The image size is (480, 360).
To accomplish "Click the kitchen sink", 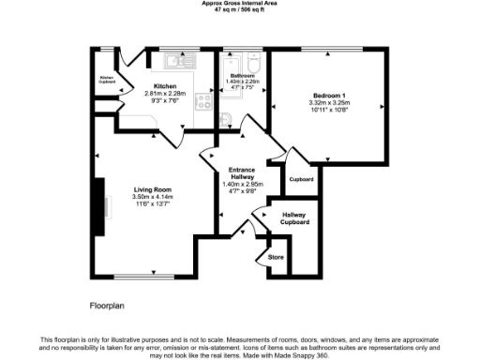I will (175, 61).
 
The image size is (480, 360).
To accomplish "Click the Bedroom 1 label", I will (329, 96).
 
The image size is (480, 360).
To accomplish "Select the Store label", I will (276, 255).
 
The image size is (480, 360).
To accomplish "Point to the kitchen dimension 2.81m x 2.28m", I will (165, 94).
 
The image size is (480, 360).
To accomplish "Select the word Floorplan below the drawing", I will (107, 307).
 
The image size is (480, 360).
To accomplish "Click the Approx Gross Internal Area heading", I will (240, 4).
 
